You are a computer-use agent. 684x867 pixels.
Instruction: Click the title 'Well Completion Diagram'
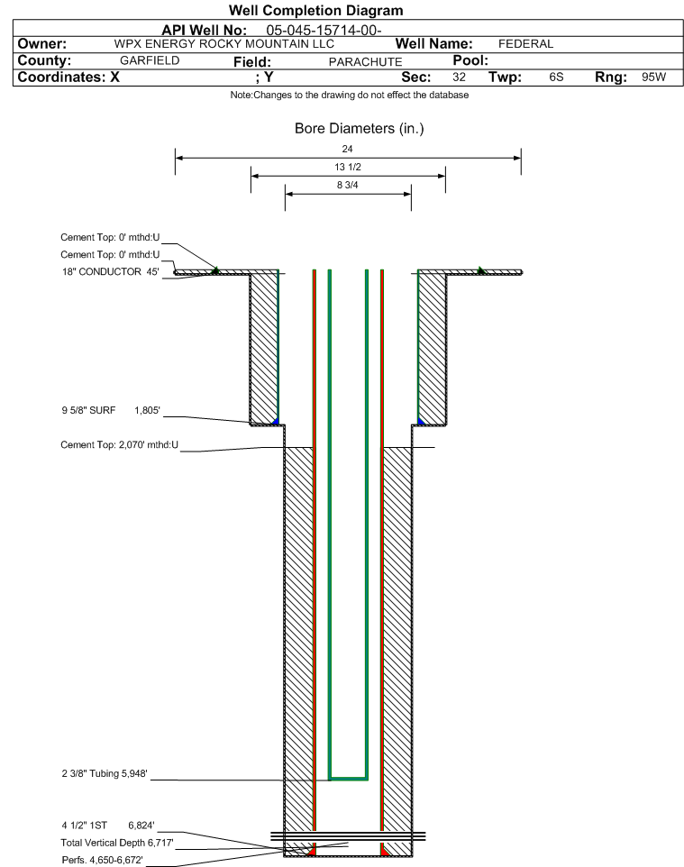[315, 11]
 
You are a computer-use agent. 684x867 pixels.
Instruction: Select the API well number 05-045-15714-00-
[324, 31]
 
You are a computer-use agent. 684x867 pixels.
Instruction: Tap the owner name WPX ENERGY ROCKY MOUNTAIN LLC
[224, 44]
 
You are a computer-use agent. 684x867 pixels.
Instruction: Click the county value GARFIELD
[150, 60]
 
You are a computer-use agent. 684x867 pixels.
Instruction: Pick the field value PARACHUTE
[366, 62]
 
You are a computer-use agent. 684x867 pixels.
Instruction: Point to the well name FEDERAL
[525, 44]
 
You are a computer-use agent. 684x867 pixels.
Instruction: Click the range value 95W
[653, 77]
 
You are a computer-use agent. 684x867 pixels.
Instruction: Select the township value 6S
[556, 77]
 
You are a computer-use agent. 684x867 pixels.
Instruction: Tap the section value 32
[459, 77]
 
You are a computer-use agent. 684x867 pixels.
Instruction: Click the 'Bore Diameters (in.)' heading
[360, 129]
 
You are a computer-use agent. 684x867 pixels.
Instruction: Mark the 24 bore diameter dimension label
[347, 149]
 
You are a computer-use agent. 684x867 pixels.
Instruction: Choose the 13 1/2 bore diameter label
[348, 167]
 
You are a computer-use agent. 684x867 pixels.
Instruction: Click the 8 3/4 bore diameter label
[348, 186]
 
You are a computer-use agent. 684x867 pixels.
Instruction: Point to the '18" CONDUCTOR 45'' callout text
[111, 272]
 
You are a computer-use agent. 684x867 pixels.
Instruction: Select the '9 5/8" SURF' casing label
[88, 410]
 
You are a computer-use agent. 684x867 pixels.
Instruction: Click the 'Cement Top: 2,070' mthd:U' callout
[120, 444]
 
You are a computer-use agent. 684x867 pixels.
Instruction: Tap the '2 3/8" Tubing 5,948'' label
[105, 773]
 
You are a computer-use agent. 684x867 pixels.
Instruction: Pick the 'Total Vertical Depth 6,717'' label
[117, 843]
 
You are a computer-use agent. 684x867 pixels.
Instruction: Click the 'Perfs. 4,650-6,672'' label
[103, 860]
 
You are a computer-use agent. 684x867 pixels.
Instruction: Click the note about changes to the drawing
[350, 96]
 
